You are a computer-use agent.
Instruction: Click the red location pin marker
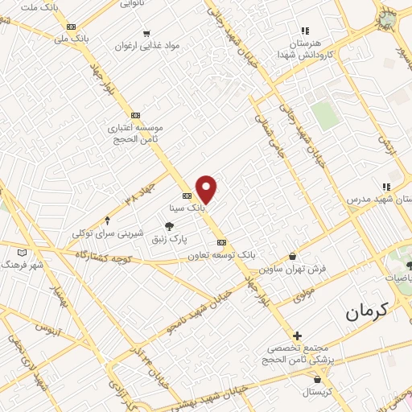coord(207,188)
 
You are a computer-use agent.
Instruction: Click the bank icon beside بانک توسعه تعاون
coord(222,242)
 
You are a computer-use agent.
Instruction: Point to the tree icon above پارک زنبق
coord(168,227)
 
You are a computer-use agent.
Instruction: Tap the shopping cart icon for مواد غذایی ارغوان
coord(146,34)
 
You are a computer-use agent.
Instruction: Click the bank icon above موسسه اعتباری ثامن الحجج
coord(134,115)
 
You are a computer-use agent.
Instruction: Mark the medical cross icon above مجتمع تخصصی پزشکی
coord(297,335)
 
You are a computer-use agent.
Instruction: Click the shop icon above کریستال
coord(319,378)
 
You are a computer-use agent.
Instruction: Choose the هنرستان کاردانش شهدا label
coord(305,47)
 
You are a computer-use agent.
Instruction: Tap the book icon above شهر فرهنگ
coord(22,252)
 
